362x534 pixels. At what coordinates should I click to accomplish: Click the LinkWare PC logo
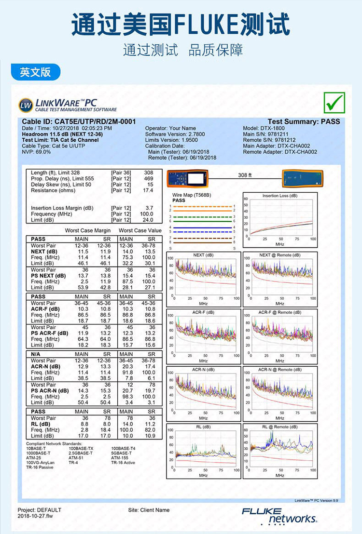pos(68,105)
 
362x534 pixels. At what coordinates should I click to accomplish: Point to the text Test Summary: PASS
pos(304,121)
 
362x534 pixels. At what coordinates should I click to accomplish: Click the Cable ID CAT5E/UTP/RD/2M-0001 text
pos(79,121)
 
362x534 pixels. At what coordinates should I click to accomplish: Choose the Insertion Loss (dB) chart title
pos(280,196)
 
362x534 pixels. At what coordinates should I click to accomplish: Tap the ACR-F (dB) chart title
pos(203,312)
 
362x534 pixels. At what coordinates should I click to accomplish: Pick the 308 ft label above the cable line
pos(245,175)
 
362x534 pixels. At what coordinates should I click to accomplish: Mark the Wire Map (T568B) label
pos(192,195)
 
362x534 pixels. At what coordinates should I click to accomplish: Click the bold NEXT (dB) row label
pos(44,252)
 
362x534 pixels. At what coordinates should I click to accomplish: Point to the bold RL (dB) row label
pos(41,424)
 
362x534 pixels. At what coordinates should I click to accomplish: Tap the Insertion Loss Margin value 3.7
pos(149,208)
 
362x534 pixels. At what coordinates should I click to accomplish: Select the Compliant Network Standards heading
pos(54,443)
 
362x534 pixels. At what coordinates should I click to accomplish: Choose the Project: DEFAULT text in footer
pos(40,510)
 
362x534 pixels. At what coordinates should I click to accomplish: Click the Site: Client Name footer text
pos(149,510)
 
